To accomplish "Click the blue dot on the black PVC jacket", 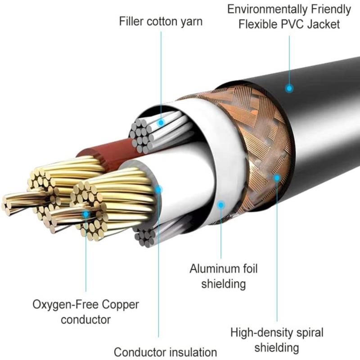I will click(x=289, y=89).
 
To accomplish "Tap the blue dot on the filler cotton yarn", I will click(x=161, y=121).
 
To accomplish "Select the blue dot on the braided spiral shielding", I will click(x=277, y=178).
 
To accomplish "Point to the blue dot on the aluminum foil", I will click(x=220, y=205).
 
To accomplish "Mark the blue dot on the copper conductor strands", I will click(x=86, y=214).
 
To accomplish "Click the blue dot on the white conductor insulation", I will click(x=158, y=189).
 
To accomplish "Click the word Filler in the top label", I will click(x=132, y=21).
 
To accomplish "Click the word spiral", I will click(x=309, y=333).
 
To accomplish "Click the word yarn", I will click(x=191, y=21).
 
